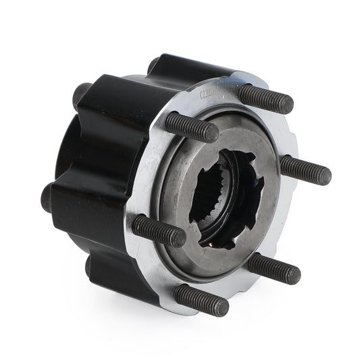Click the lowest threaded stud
pyautogui.click(x=201, y=299)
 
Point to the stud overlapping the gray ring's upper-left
pyautogui.click(x=190, y=127)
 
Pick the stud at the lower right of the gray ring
pyautogui.click(x=274, y=267)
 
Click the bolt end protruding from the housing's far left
pyautogui.click(x=47, y=197)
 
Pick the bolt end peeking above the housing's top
pyautogui.click(x=153, y=65)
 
